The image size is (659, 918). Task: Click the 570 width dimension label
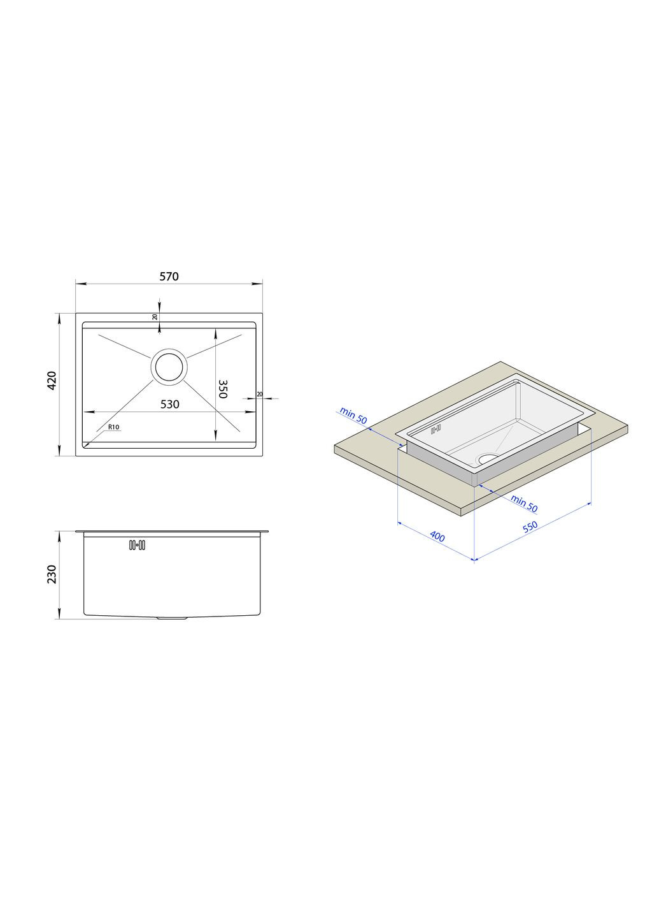pos(169,277)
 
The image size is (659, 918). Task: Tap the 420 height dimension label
pos(52,381)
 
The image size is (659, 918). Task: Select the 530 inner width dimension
pos(169,404)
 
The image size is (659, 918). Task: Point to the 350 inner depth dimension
pos(222,390)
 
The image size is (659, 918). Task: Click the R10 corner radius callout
pos(113,427)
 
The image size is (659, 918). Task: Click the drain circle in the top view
pos(169,367)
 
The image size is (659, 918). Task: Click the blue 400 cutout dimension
pos(437,536)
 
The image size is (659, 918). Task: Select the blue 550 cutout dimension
pos(530,526)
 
